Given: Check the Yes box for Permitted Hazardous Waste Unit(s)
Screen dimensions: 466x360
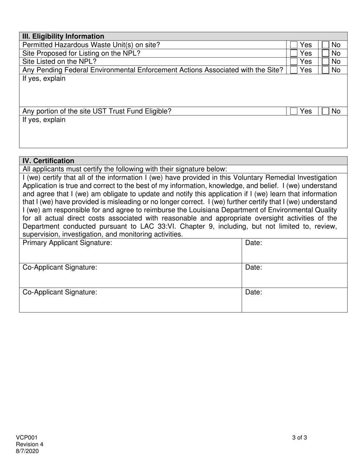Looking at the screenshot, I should coord(294,45).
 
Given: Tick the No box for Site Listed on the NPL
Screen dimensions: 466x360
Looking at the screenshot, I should coord(326,62).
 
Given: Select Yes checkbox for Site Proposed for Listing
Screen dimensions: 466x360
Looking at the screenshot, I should coord(294,53).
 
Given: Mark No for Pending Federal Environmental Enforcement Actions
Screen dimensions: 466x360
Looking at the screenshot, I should coord(326,70).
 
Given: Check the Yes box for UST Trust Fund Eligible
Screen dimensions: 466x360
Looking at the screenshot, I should coord(294,111).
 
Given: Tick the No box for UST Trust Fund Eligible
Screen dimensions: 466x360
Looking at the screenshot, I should coord(326,111).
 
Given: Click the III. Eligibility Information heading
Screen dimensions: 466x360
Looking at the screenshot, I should coord(63,36).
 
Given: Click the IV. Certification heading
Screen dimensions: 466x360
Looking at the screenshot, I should coord(49,161).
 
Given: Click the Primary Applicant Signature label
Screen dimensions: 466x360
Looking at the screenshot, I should coord(67,243).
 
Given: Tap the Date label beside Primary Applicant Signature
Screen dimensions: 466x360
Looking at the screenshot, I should coord(254,243).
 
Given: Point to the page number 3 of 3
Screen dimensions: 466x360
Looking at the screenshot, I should coord(299,438).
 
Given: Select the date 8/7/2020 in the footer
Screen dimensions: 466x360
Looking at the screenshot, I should coord(27,451).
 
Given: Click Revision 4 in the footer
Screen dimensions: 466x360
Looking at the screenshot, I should coord(30,444).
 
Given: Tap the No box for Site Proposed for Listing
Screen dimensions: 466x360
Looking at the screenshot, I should coord(326,53).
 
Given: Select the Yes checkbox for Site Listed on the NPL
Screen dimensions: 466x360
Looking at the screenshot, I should coord(294,62).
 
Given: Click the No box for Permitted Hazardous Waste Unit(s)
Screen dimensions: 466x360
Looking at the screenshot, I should coord(326,45).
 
